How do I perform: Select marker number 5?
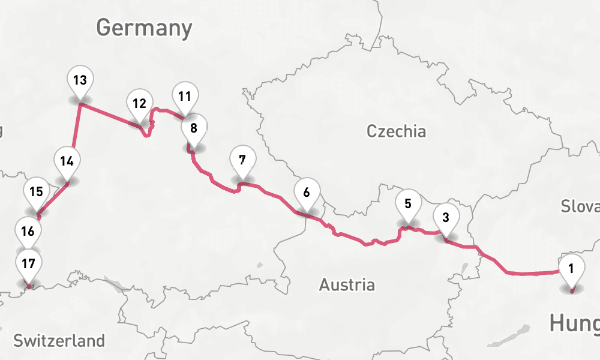click(408, 203)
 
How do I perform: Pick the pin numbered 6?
click(307, 193)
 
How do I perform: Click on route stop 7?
click(242, 160)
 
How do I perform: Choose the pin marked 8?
click(193, 128)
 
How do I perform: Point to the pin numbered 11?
click(184, 96)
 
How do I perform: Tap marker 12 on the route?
click(139, 103)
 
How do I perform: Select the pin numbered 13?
click(80, 80)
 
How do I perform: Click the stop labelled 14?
click(67, 161)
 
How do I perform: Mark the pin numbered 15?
click(36, 192)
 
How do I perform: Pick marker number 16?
click(28, 230)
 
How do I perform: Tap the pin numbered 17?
click(28, 263)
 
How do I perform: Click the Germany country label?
click(144, 28)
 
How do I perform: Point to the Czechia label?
click(396, 131)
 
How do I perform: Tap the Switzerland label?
click(59, 341)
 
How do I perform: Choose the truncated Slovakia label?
click(580, 206)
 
